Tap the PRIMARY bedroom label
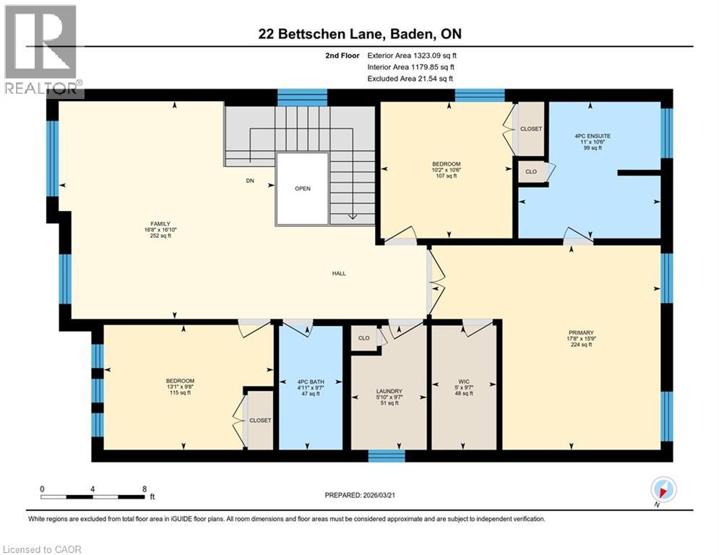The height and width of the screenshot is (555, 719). click(580, 335)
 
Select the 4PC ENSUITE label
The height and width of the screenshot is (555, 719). click(593, 134)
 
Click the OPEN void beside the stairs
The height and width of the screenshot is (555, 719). click(302, 189)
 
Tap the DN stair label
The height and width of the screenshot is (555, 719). click(250, 181)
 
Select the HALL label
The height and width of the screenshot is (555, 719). click(338, 274)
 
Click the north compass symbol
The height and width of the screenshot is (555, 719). click(663, 489)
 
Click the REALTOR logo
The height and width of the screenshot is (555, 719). click(42, 49)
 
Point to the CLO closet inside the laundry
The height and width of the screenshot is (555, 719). click(364, 337)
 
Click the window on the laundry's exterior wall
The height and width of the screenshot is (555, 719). click(387, 455)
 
